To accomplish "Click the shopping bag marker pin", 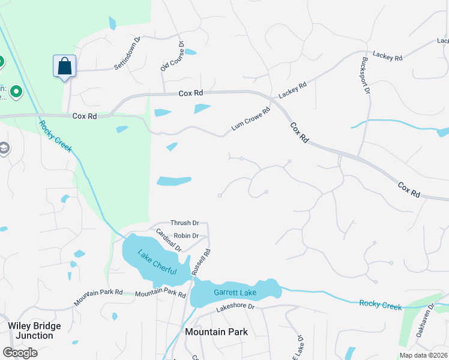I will [64, 65].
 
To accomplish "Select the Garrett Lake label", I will [235, 293].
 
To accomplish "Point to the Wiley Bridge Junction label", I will [34, 331].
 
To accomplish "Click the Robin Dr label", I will [185, 236].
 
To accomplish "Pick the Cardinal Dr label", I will [169, 240].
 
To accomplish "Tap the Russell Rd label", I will [200, 262].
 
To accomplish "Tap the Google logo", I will [20, 352].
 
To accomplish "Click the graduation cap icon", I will [4, 148].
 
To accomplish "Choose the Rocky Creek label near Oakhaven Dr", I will [380, 305].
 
